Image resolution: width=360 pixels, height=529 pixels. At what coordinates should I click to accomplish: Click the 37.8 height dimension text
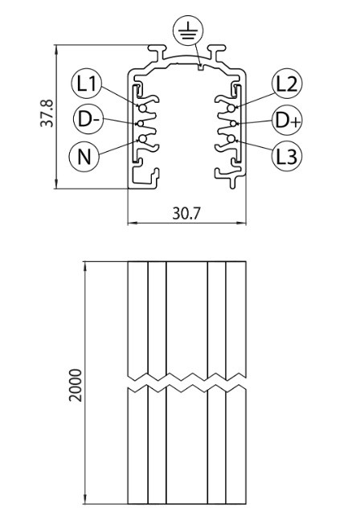[x=47, y=113]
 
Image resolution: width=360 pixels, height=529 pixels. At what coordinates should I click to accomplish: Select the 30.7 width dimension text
[x=186, y=213]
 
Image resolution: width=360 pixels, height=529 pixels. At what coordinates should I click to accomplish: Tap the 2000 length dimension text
[x=76, y=385]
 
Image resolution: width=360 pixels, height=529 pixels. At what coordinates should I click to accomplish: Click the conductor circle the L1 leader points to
[x=142, y=109]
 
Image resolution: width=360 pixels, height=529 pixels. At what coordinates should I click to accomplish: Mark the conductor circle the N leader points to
[x=142, y=138]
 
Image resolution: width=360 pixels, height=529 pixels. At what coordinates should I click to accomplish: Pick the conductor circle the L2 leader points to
[x=231, y=109]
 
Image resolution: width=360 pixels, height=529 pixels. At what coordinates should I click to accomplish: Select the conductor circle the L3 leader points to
[x=231, y=138]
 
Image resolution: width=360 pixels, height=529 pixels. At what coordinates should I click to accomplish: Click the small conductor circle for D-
[x=141, y=124]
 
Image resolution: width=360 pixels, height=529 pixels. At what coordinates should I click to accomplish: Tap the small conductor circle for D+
[x=233, y=124]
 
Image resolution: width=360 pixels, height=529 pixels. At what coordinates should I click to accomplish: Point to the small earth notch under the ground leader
[x=201, y=68]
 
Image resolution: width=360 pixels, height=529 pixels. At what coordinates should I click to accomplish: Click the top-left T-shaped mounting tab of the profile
[x=157, y=52]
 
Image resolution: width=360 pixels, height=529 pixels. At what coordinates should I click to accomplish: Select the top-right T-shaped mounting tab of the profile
[x=216, y=52]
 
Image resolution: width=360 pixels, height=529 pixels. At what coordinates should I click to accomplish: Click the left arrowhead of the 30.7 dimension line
[x=132, y=223]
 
